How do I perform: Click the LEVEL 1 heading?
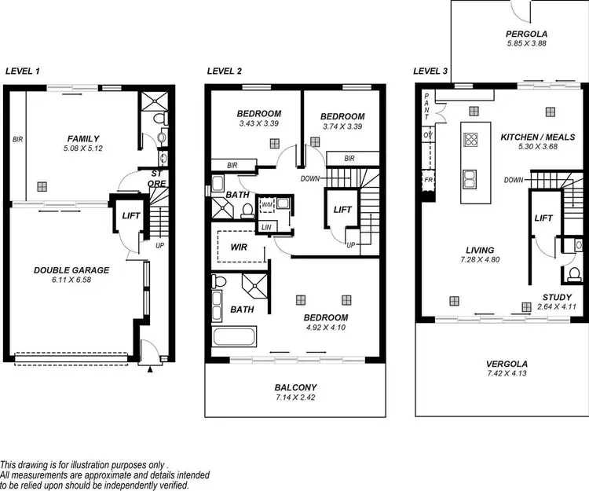pos(24,71)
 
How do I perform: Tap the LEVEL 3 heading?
pos(430,71)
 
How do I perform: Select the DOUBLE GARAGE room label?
pos(71,270)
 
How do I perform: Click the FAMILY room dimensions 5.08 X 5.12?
pos(83,148)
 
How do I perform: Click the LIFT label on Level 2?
pos(342,210)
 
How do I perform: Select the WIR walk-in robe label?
pos(240,245)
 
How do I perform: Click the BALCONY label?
pos(295,387)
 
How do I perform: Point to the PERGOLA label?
pos(525,35)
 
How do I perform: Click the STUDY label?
pos(556,297)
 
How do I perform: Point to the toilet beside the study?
pos(574,273)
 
